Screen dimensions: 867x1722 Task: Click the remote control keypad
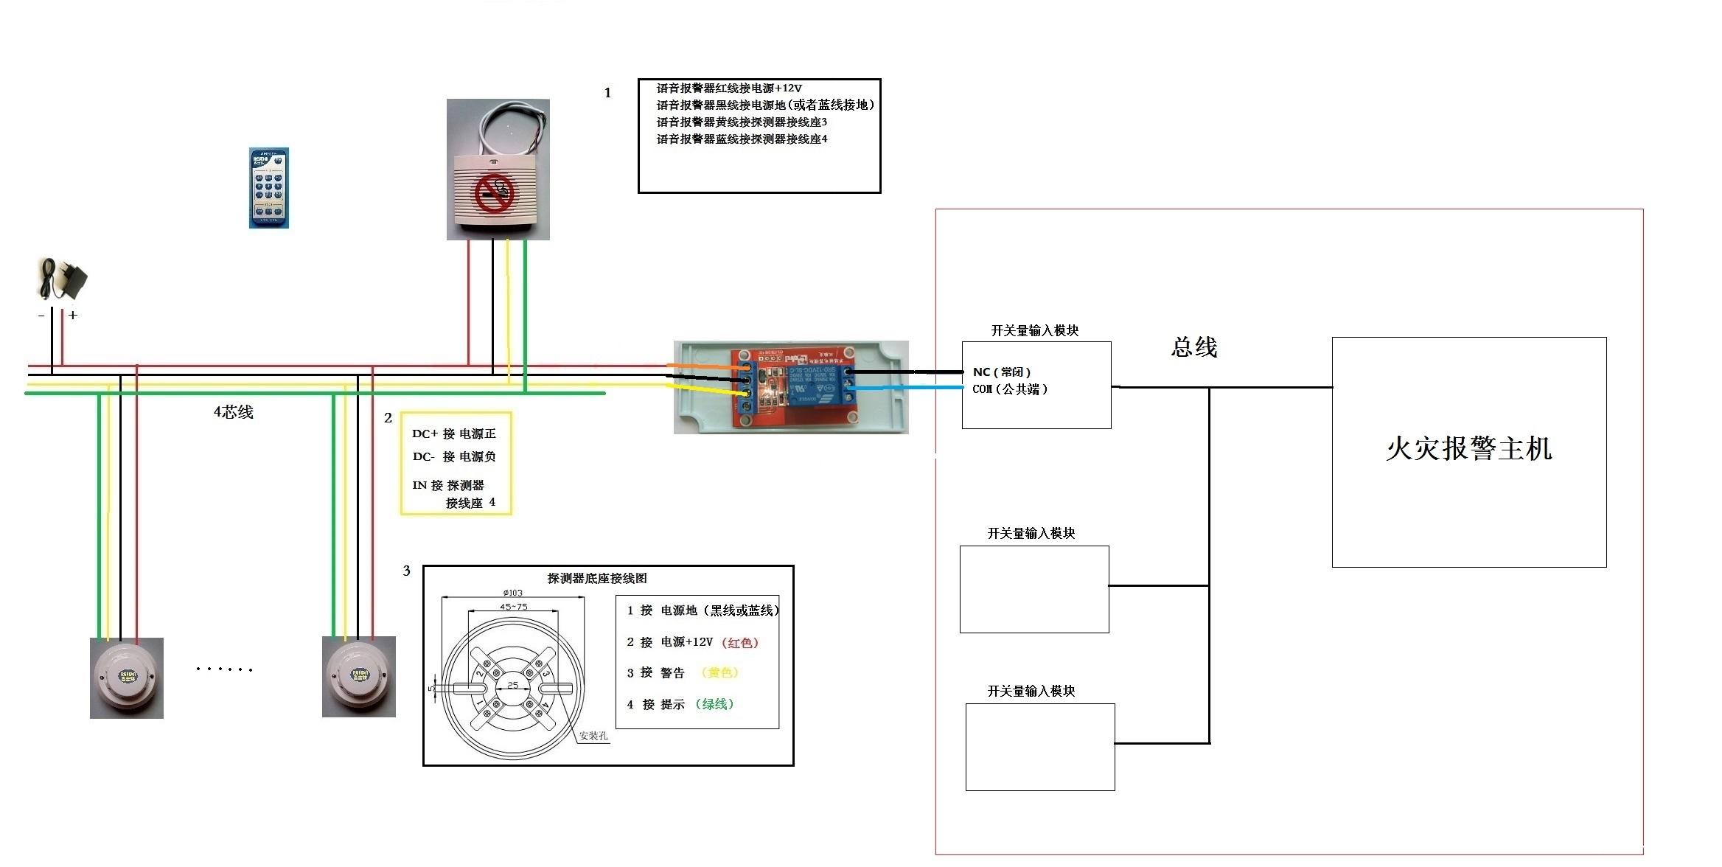[x=268, y=188]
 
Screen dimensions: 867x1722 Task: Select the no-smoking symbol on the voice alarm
[x=495, y=192]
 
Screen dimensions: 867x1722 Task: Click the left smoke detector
[x=127, y=678]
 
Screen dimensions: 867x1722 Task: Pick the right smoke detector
[x=359, y=677]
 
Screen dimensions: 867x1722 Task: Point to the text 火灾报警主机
[x=1468, y=448]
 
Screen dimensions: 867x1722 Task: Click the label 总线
[x=1194, y=347]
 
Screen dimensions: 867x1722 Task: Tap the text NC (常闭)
[x=1002, y=372]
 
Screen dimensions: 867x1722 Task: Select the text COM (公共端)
[x=1010, y=389]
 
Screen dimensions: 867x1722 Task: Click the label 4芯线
[x=234, y=412]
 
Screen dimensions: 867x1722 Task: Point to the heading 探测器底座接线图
[x=597, y=579]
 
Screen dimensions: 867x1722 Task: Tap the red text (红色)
[x=740, y=643]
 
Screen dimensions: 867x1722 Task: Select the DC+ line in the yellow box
[x=454, y=434]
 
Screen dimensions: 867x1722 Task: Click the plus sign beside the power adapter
[x=73, y=315]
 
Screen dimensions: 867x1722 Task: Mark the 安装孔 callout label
[x=593, y=736]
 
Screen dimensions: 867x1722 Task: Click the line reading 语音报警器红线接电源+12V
[x=729, y=88]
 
